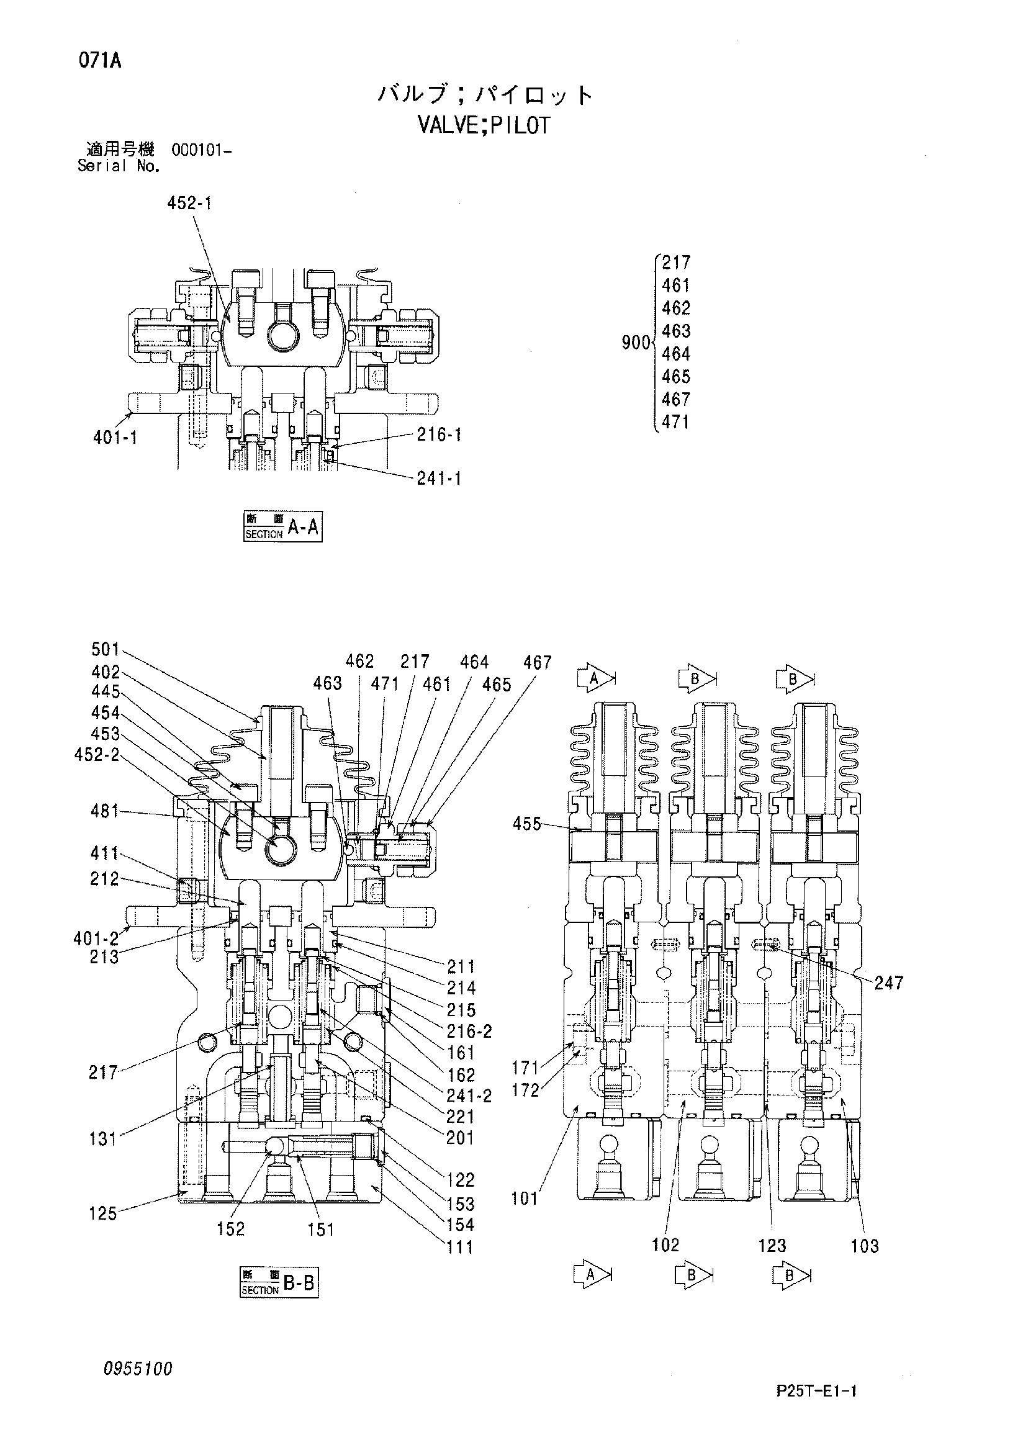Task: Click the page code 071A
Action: [x=101, y=61]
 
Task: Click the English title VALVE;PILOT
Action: [x=484, y=125]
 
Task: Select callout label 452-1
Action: [x=189, y=203]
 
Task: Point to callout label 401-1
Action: [x=115, y=438]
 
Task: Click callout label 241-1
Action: [x=439, y=479]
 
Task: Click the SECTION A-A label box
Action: [x=283, y=526]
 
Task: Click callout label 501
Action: [x=106, y=649]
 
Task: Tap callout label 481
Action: [x=105, y=811]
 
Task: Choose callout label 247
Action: [x=889, y=983]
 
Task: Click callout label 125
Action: [x=103, y=1214]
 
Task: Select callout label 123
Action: [x=772, y=1246]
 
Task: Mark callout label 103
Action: [x=865, y=1246]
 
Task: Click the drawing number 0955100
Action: [x=138, y=1369]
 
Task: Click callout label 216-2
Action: [x=469, y=1032]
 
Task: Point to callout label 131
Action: [x=103, y=1140]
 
